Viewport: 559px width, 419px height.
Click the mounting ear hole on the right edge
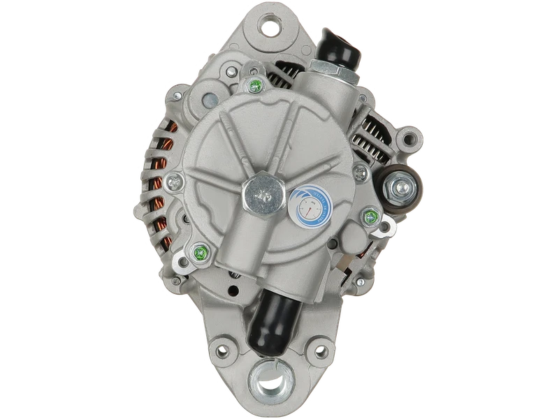tap(413, 138)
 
